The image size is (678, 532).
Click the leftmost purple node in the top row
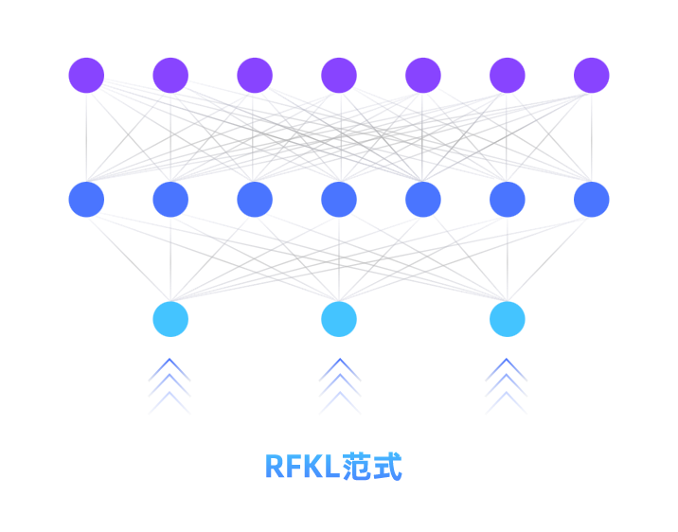coord(86,76)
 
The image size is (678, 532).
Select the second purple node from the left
coord(170,76)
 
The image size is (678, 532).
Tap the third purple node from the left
coord(255,76)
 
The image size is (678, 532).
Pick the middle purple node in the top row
coord(339,76)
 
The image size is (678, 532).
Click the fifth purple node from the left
coord(423,76)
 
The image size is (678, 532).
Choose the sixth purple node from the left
coord(508,76)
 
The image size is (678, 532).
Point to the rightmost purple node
coord(592,76)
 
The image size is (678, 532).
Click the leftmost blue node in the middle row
coord(86,200)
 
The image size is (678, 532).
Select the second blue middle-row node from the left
coord(170,200)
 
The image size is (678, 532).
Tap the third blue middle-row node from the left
coord(255,200)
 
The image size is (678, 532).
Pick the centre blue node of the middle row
coord(339,200)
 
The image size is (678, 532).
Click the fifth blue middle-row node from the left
coord(423,200)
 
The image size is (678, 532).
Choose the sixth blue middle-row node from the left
coord(508,200)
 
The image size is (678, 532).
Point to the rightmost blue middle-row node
coord(592,200)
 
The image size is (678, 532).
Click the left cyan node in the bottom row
coord(170,319)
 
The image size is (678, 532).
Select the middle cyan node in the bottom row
coord(339,319)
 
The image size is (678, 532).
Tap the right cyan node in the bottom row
coord(508,319)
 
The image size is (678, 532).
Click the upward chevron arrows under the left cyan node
coord(169,386)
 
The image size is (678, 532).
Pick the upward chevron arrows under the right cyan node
coord(507,386)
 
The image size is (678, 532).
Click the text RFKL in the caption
coord(301,467)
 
